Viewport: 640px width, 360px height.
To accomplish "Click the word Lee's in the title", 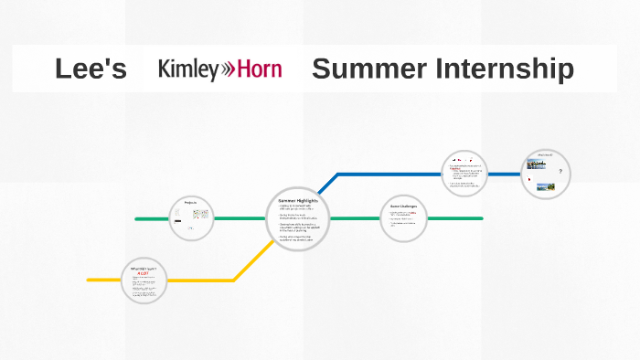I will pyautogui.click(x=91, y=69).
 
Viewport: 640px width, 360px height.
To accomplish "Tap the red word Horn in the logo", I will pyautogui.click(x=261, y=69).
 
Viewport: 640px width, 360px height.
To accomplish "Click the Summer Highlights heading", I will pyautogui.click(x=297, y=200).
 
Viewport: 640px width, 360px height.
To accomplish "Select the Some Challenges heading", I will pyautogui.click(x=403, y=206).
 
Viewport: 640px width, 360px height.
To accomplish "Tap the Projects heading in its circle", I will pyautogui.click(x=191, y=202).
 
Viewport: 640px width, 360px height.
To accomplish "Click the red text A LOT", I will pyautogui.click(x=143, y=273).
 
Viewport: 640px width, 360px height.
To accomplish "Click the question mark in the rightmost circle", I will pyautogui.click(x=560, y=171).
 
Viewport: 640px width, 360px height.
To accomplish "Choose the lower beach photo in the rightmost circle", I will pyautogui.click(x=546, y=186).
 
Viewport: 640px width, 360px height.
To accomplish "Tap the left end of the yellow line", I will pyautogui.click(x=90, y=280).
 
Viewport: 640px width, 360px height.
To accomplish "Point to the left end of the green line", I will pyautogui.click(x=137, y=219).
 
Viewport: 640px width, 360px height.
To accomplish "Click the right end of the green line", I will pyautogui.click(x=481, y=218).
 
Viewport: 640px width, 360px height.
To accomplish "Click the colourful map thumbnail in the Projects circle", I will pyautogui.click(x=200, y=214).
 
